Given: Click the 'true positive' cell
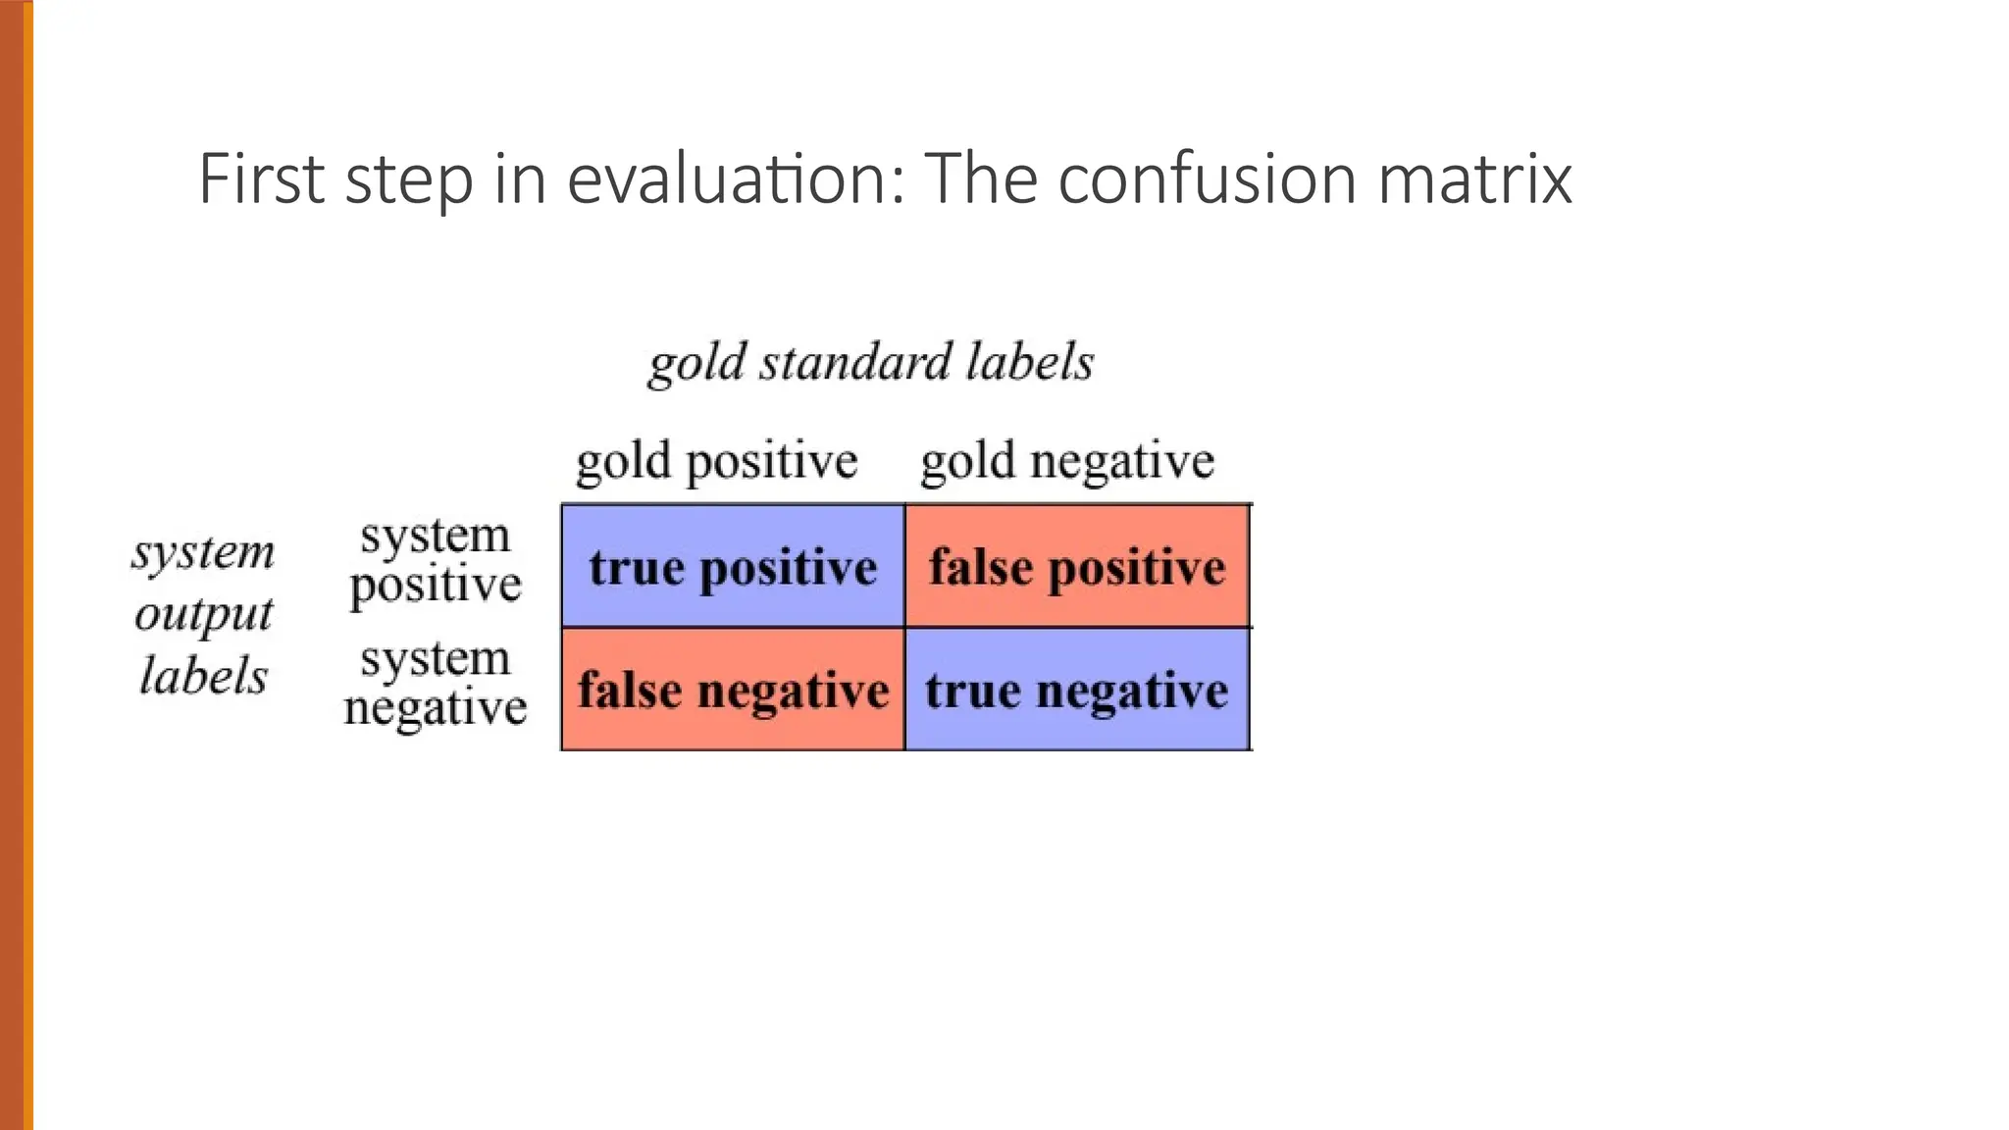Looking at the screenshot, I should pos(733,567).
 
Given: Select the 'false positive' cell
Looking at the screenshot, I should pos(1077,567).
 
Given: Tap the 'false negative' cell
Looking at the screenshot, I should pos(733,690).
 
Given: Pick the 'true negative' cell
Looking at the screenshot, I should pos(1077,690).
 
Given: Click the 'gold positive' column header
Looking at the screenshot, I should pos(716,461).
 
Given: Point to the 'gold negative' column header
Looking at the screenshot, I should pos(1067,461).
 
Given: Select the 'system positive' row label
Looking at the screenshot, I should pos(436,561).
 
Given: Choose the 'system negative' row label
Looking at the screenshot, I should pos(436,684).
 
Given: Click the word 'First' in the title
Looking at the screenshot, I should pos(261,179).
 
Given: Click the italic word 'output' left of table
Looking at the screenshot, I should pos(204,615).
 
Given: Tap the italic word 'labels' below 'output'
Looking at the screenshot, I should pos(204,676).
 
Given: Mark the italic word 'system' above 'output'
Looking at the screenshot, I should pos(204,552).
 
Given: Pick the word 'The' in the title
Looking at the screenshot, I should pos(981,179).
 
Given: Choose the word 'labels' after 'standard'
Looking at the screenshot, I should pos(1029,362).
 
